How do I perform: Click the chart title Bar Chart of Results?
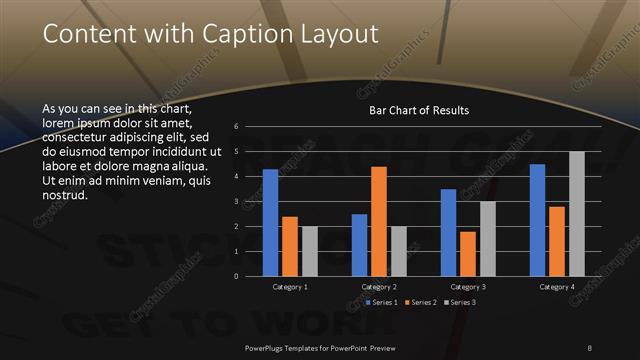[x=419, y=110]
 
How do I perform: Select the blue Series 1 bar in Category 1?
[x=270, y=222]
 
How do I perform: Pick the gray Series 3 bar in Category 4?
[x=577, y=213]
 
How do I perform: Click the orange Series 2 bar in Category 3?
[x=468, y=253]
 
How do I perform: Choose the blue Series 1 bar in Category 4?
[x=538, y=220]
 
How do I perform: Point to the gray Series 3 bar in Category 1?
[x=309, y=251]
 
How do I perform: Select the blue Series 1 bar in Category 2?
[x=359, y=245]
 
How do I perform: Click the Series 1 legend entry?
[x=382, y=302]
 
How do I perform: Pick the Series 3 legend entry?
[x=462, y=302]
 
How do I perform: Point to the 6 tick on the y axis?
[x=235, y=127]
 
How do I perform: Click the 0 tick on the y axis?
[x=235, y=276]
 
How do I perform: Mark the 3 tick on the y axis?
[x=235, y=202]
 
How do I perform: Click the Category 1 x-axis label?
[x=290, y=287]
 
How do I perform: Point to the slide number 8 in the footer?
[x=589, y=347]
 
